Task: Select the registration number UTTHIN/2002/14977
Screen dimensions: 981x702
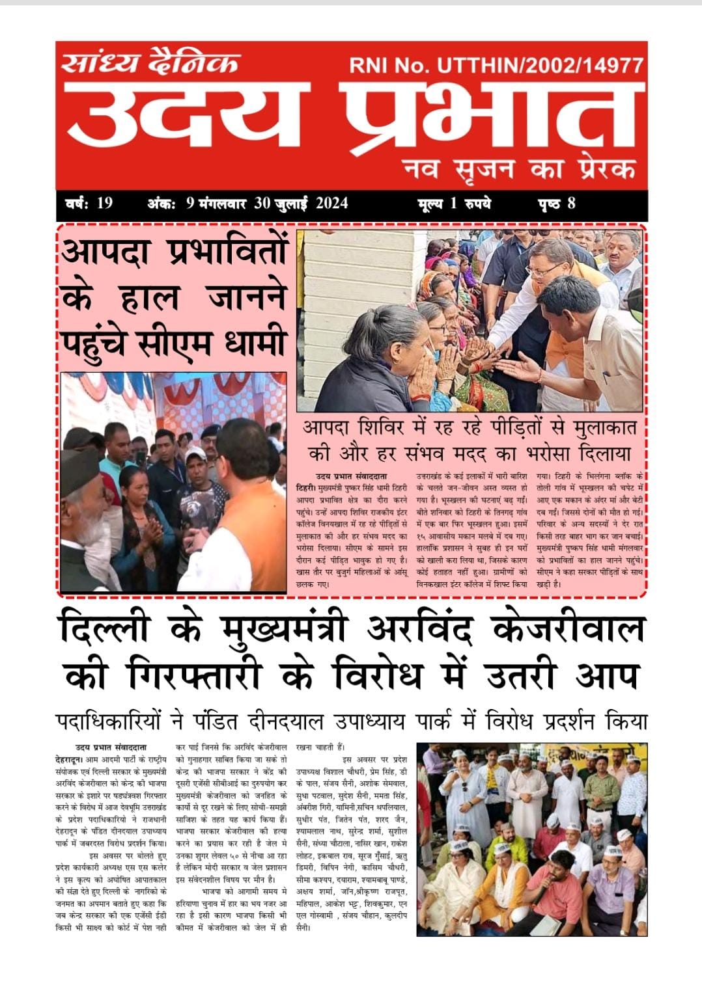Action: [x=541, y=65]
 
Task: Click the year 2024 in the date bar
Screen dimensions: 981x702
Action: [x=331, y=203]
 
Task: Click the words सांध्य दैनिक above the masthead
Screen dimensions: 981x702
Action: [x=150, y=64]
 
